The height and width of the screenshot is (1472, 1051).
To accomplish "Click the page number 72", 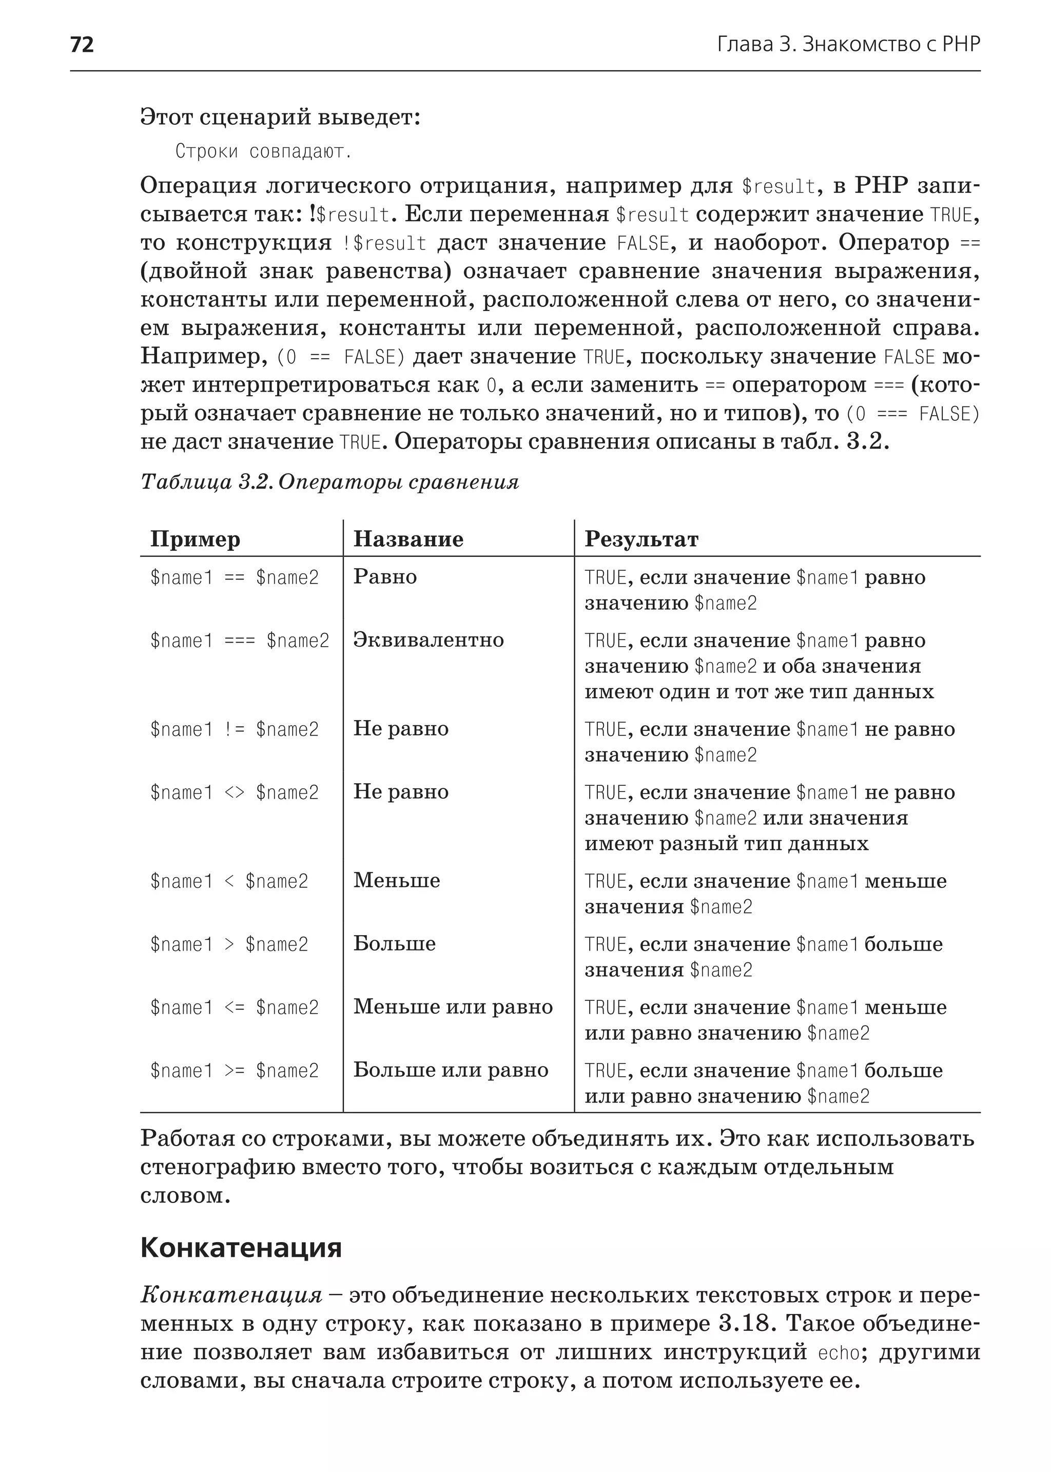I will [82, 45].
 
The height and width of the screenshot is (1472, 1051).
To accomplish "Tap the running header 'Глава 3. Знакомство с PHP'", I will [848, 45].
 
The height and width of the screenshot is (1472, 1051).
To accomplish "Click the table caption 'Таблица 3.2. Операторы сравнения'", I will [329, 482].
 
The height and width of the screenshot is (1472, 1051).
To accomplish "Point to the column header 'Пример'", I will [196, 539].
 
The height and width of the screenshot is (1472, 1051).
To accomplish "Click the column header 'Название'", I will [408, 539].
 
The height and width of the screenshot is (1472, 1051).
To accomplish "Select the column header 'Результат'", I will [641, 539].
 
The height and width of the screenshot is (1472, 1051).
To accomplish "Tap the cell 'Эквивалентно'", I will [429, 640].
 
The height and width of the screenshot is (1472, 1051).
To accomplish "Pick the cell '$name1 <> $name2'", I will [235, 793].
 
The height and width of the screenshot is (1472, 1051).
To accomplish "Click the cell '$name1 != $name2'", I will [235, 729].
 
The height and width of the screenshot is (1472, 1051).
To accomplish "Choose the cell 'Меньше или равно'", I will [453, 1007].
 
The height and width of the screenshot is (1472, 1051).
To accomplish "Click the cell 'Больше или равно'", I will [451, 1071].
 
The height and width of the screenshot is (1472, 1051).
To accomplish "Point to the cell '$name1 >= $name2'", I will [235, 1071].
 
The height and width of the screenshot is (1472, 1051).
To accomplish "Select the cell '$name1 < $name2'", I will [229, 882].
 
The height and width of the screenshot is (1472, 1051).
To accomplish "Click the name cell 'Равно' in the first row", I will [385, 577].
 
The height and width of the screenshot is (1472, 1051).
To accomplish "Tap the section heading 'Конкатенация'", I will [241, 1247].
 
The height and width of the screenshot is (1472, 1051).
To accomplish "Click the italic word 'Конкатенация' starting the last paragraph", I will [231, 1295].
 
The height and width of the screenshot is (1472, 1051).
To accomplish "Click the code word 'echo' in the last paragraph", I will [840, 1352].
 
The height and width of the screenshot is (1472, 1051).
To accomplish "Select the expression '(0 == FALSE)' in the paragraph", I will [340, 357].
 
